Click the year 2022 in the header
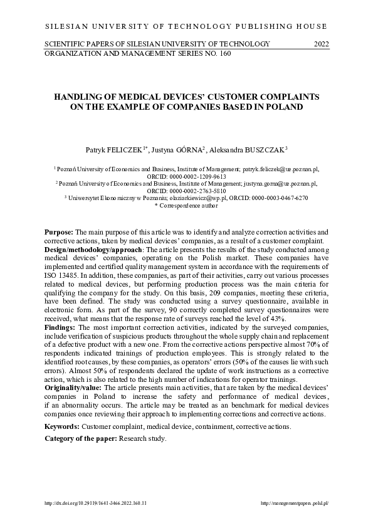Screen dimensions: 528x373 pyautogui.click(x=320, y=43)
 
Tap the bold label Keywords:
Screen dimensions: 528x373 pyautogui.click(x=61, y=426)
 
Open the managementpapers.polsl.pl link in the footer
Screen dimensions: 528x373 pyautogui.click(x=294, y=503)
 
